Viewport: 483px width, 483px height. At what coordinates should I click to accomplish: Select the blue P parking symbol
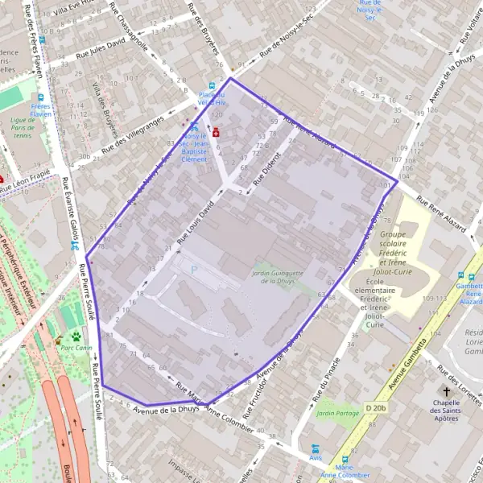(193, 270)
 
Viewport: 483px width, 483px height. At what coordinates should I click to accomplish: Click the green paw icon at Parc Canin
(76, 336)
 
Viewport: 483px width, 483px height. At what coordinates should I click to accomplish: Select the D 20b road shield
(376, 408)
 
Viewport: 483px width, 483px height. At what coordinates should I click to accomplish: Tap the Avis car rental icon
(315, 449)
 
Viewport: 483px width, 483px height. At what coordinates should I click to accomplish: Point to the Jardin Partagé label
(337, 414)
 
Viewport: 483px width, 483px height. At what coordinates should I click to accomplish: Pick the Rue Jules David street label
(101, 47)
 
